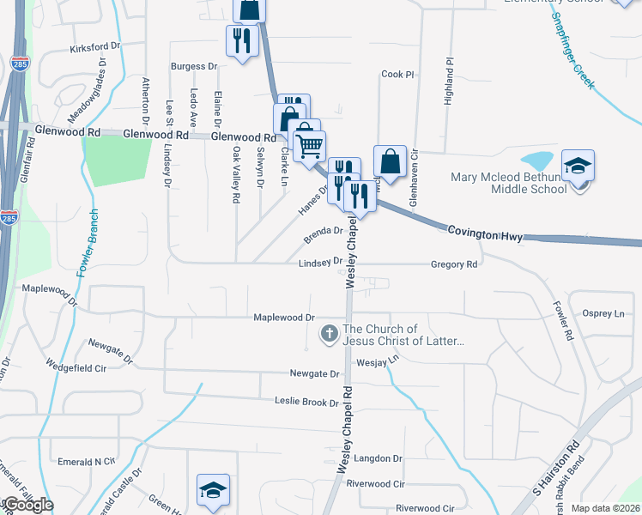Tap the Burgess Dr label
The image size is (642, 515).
click(x=193, y=66)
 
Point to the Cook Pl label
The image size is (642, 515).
click(x=397, y=75)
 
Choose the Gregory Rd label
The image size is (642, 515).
click(x=454, y=265)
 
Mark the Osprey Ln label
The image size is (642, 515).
click(x=603, y=313)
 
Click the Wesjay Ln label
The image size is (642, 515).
click(x=379, y=362)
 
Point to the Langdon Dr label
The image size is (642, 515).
click(x=379, y=458)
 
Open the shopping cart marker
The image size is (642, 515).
click(x=309, y=143)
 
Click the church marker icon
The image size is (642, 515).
click(x=329, y=334)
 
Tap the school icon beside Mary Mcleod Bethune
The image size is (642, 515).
click(x=578, y=165)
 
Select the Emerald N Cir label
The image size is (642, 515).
click(x=86, y=462)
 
